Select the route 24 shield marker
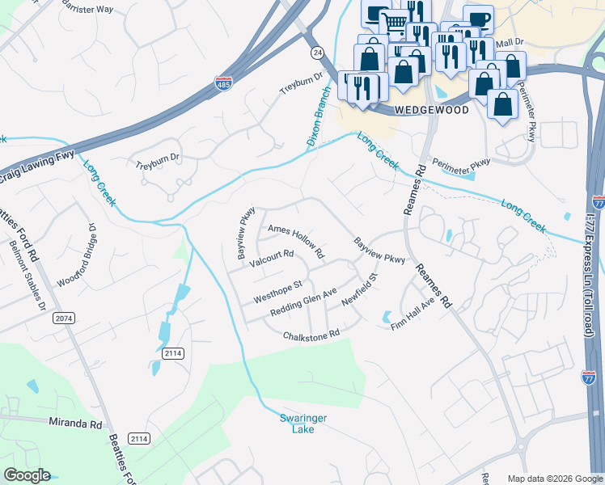click(316, 51)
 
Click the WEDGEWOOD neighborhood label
click(431, 110)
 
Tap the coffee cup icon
click(478, 19)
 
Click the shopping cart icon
click(394, 24)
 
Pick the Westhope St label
click(277, 291)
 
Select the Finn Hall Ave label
click(413, 312)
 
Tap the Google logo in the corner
click(27, 475)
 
